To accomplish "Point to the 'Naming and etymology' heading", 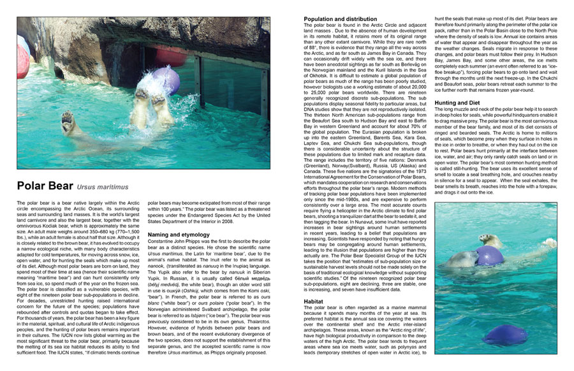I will pos(182,235).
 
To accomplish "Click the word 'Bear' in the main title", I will pos(59,186).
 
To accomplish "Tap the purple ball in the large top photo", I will pos(165,81).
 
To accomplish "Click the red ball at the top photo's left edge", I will pos(22,58).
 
